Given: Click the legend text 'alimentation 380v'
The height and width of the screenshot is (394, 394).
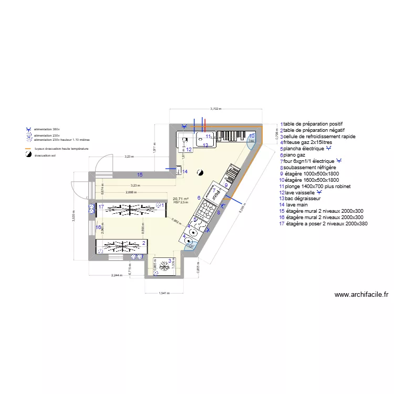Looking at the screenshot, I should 47,129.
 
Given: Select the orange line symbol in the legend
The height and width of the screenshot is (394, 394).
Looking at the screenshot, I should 29,149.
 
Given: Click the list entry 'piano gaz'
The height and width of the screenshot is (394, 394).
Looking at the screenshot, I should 294,155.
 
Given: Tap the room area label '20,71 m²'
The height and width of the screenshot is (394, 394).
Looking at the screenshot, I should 180,199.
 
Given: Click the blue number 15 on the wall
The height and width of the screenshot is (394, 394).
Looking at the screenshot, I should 139,174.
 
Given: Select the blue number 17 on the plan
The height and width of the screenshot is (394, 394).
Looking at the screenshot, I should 100,206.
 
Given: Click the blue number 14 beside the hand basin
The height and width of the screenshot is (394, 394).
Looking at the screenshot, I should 184,171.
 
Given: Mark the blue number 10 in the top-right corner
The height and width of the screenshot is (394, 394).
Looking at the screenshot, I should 252,136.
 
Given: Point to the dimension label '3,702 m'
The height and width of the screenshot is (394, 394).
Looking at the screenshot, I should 216,109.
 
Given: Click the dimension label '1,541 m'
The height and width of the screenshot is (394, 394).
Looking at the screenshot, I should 164,293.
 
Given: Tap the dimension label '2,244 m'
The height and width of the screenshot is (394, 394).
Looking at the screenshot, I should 117,275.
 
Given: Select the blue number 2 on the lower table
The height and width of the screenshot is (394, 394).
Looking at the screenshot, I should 143,243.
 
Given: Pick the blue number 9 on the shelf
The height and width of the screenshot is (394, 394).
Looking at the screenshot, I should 226,185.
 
